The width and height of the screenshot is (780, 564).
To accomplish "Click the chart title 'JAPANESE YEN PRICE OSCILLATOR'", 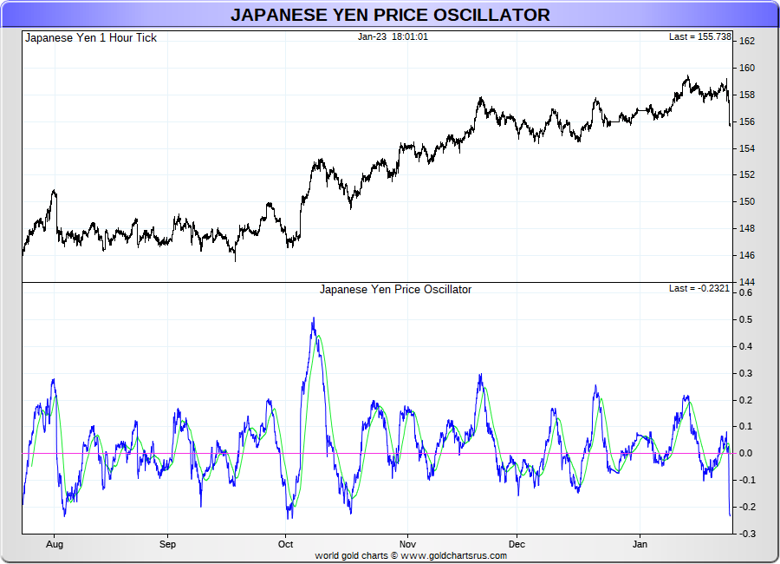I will click(390, 15).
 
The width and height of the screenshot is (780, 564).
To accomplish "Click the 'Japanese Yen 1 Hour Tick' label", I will click(91, 38).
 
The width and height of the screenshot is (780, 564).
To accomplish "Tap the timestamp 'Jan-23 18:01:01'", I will click(393, 37).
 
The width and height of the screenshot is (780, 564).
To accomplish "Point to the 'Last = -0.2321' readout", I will click(699, 289).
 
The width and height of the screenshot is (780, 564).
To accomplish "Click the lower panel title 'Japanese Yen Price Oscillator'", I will click(395, 290).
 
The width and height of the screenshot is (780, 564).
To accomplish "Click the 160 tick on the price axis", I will click(746, 68).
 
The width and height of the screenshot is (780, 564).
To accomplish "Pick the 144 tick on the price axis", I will click(746, 282).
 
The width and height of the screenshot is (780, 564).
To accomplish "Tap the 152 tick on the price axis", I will click(746, 174).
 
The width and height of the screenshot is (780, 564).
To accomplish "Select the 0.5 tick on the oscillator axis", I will click(745, 319).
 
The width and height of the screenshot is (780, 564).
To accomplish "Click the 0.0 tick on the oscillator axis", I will click(745, 453).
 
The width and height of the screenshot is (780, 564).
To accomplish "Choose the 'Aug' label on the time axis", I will click(55, 545).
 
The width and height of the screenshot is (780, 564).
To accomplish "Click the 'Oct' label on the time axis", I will click(285, 545).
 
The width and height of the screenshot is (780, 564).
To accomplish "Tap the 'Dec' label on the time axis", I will click(517, 545).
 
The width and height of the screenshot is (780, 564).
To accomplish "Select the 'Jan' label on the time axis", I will click(640, 545).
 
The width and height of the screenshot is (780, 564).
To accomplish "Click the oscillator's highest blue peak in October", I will click(313, 319).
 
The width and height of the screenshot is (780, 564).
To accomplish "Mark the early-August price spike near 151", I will click(55, 191).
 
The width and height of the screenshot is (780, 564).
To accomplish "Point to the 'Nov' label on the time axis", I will click(404, 545).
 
